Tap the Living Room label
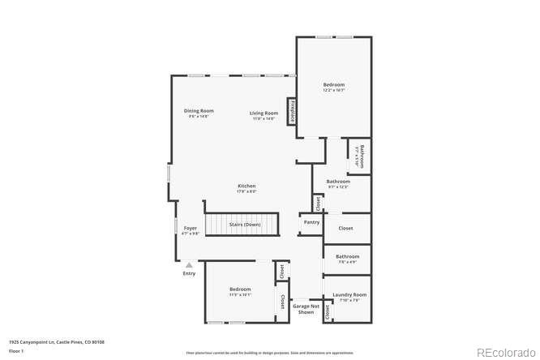click(264, 113)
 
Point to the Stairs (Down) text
click(244, 224)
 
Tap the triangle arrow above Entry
click(189, 264)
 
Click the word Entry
click(189, 273)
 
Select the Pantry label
click(311, 222)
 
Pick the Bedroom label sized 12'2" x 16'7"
click(334, 85)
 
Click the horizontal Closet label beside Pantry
click(345, 229)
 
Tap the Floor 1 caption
click(16, 351)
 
